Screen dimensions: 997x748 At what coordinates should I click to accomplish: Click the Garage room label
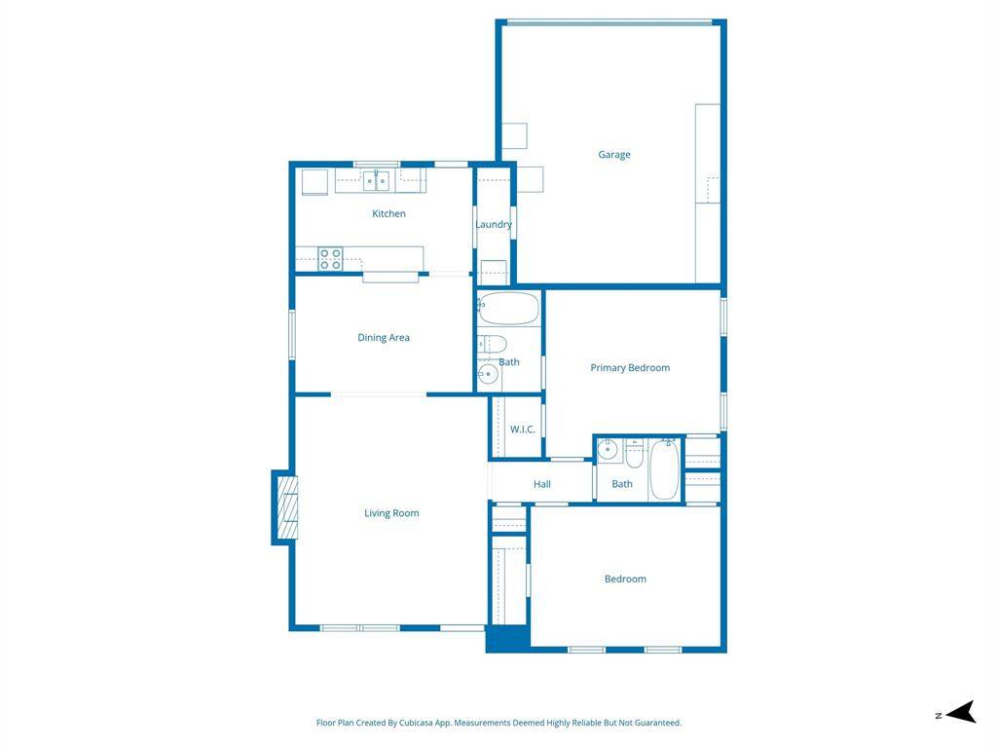coord(614,155)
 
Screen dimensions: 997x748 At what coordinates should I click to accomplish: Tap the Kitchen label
coord(388,213)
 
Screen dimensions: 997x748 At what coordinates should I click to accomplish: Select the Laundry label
coord(494,225)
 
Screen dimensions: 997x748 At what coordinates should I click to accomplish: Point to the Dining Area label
coord(384,338)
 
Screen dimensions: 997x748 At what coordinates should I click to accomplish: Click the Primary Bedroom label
coord(630,367)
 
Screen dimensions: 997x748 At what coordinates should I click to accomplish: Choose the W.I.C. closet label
coord(523,430)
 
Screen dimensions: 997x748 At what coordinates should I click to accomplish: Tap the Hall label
coord(542,484)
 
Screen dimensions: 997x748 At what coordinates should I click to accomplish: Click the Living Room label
coord(391,513)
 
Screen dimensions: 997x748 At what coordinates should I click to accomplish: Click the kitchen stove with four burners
coord(331,259)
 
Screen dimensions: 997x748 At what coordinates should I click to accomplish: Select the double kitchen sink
coord(377,181)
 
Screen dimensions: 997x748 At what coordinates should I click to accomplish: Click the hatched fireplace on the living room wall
coord(288,507)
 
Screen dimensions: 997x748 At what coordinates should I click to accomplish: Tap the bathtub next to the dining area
coord(508,309)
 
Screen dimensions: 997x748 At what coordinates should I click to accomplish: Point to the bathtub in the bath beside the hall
coord(664,470)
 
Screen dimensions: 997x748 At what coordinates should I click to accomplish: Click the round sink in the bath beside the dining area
coord(488,374)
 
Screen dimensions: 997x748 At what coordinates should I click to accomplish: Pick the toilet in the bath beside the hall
coord(635,453)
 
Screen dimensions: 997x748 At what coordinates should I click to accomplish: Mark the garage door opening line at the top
coord(609,23)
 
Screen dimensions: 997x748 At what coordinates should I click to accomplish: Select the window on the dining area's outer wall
coord(292,334)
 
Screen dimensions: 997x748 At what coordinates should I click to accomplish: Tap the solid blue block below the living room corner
coord(508,639)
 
